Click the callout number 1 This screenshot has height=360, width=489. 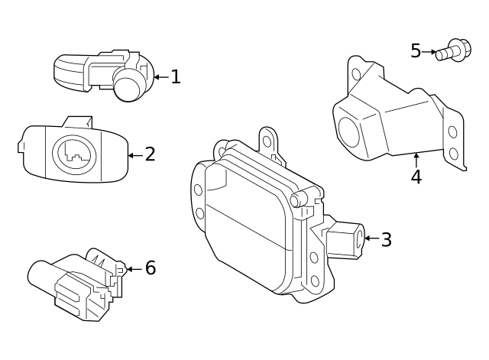point(175,77)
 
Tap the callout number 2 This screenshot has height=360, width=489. point(151,154)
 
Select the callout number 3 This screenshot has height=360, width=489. point(386,240)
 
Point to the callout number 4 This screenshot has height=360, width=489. point(416,177)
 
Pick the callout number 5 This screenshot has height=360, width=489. point(416,51)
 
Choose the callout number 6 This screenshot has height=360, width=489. point(151,268)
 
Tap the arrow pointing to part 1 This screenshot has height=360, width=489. point(160,77)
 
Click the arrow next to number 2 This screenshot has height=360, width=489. point(134,155)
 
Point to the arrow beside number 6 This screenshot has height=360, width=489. point(134,268)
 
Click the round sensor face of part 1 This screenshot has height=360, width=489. point(129,86)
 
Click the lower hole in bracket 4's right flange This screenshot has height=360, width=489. point(453,153)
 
